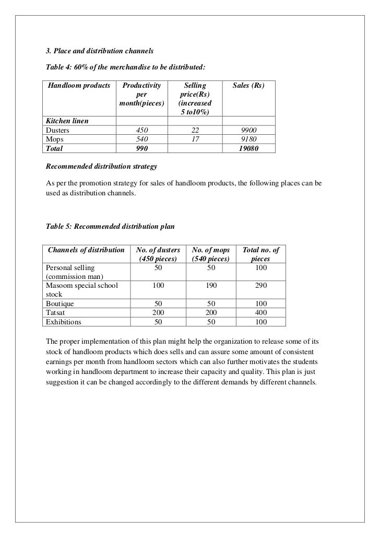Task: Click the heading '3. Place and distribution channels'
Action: click(97, 52)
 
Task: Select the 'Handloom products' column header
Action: click(79, 85)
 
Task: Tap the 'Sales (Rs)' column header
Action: click(248, 85)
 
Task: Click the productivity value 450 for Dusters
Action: click(141, 130)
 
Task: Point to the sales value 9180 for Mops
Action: click(248, 139)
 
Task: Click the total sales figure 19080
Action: click(248, 148)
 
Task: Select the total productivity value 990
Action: click(141, 148)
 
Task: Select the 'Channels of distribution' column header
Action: click(86, 250)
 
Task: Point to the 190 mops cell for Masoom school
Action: click(211, 286)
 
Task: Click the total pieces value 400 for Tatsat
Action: click(260, 312)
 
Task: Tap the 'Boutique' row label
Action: click(60, 303)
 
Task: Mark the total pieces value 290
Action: click(260, 286)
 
